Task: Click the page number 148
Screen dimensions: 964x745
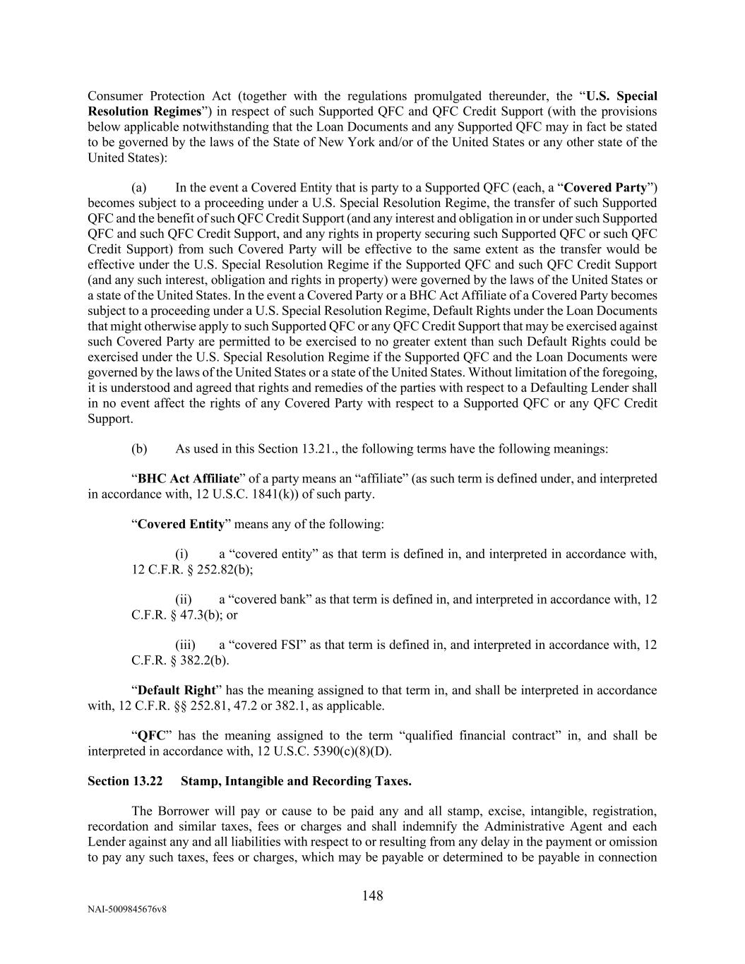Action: point(372,896)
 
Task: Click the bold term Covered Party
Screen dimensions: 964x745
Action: point(606,188)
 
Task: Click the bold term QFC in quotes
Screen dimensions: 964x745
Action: point(150,736)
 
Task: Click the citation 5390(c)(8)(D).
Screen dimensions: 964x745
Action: point(350,751)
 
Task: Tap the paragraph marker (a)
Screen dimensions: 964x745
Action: point(138,188)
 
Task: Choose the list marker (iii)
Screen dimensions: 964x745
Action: point(185,645)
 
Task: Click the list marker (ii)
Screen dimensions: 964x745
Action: point(184,600)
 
